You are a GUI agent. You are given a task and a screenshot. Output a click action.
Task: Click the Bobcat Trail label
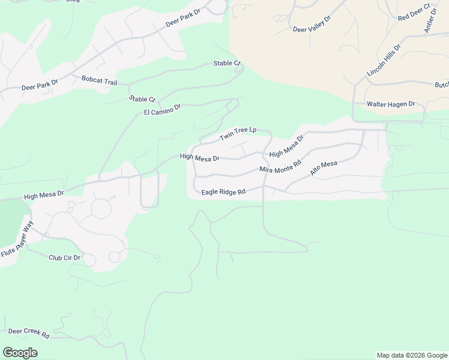(99, 80)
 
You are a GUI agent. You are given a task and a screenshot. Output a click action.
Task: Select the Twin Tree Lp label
(238, 134)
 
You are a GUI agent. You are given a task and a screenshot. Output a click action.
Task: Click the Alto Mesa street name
(324, 167)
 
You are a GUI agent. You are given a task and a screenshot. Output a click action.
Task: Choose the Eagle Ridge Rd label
(224, 192)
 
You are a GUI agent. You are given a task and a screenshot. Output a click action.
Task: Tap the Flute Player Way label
(17, 239)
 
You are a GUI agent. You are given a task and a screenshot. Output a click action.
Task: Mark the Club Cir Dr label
(64, 257)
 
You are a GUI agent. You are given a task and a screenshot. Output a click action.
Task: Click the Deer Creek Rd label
(28, 333)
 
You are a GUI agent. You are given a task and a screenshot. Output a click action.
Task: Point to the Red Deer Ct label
(414, 13)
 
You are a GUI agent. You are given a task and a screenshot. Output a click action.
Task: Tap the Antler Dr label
(430, 22)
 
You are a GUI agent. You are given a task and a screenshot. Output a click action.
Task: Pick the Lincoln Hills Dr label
(384, 61)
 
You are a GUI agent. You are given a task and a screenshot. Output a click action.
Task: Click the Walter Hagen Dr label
(391, 104)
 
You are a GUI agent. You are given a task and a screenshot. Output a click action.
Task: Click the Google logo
(20, 353)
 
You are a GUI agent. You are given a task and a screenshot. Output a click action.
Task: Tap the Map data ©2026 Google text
(412, 355)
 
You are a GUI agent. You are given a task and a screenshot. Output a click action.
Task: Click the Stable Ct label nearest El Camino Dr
(142, 99)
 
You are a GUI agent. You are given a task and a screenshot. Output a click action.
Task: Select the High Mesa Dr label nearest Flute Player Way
(44, 195)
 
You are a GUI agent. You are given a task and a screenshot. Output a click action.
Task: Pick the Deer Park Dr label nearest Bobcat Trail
(40, 86)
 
